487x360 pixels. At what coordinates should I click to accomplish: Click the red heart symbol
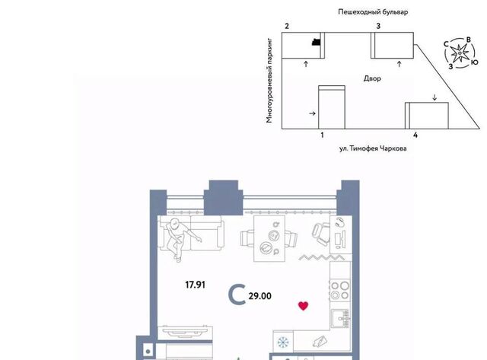[303, 306]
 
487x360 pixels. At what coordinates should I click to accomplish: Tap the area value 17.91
[196, 285]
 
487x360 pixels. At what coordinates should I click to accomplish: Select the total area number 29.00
[260, 296]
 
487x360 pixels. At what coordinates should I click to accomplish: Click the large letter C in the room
[237, 295]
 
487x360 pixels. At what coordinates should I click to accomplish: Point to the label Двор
[372, 78]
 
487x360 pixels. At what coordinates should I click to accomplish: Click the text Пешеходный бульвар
[373, 12]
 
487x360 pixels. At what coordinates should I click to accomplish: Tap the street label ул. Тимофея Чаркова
[373, 148]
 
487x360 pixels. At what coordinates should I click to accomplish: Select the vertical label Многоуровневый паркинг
[269, 81]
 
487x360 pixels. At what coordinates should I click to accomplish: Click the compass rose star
[460, 53]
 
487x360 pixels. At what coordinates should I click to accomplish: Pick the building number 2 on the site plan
[287, 27]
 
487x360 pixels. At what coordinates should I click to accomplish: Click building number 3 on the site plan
[378, 27]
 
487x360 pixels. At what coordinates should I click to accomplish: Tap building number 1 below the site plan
[322, 135]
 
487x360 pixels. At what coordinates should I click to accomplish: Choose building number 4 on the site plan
[415, 135]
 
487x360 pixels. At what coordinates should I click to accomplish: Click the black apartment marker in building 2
[317, 42]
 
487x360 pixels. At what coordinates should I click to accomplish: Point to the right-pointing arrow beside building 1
[313, 113]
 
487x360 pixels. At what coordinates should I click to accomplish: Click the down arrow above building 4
[434, 97]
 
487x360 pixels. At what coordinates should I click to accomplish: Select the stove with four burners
[340, 290]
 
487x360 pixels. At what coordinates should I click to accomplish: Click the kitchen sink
[340, 318]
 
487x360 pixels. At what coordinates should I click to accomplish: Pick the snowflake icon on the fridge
[283, 342]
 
